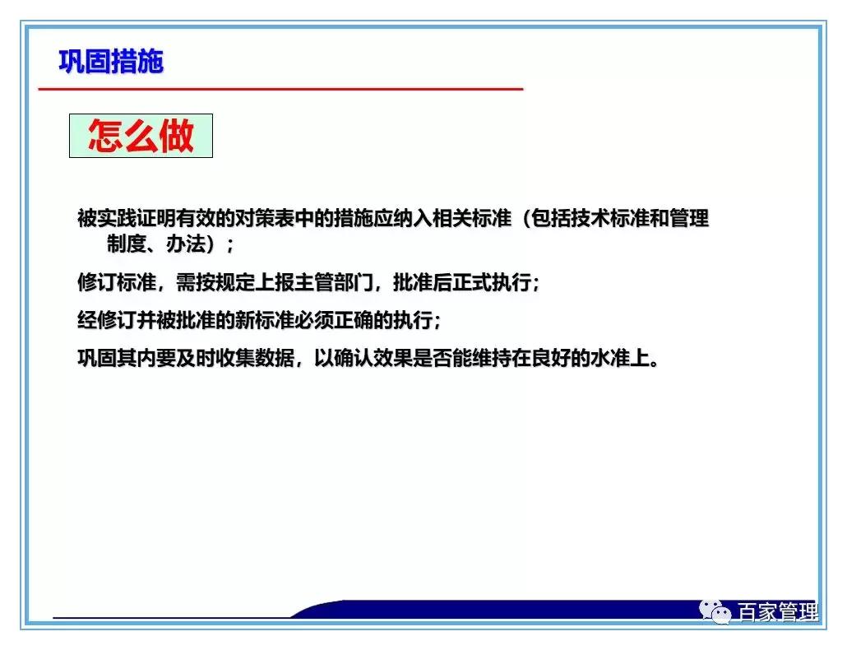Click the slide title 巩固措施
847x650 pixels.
click(x=111, y=61)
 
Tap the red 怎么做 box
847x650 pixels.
click(x=141, y=136)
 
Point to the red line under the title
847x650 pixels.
click(x=280, y=88)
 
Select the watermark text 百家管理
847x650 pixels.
click(x=777, y=613)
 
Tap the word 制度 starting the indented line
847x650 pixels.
click(x=125, y=244)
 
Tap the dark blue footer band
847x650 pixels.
click(x=493, y=610)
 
